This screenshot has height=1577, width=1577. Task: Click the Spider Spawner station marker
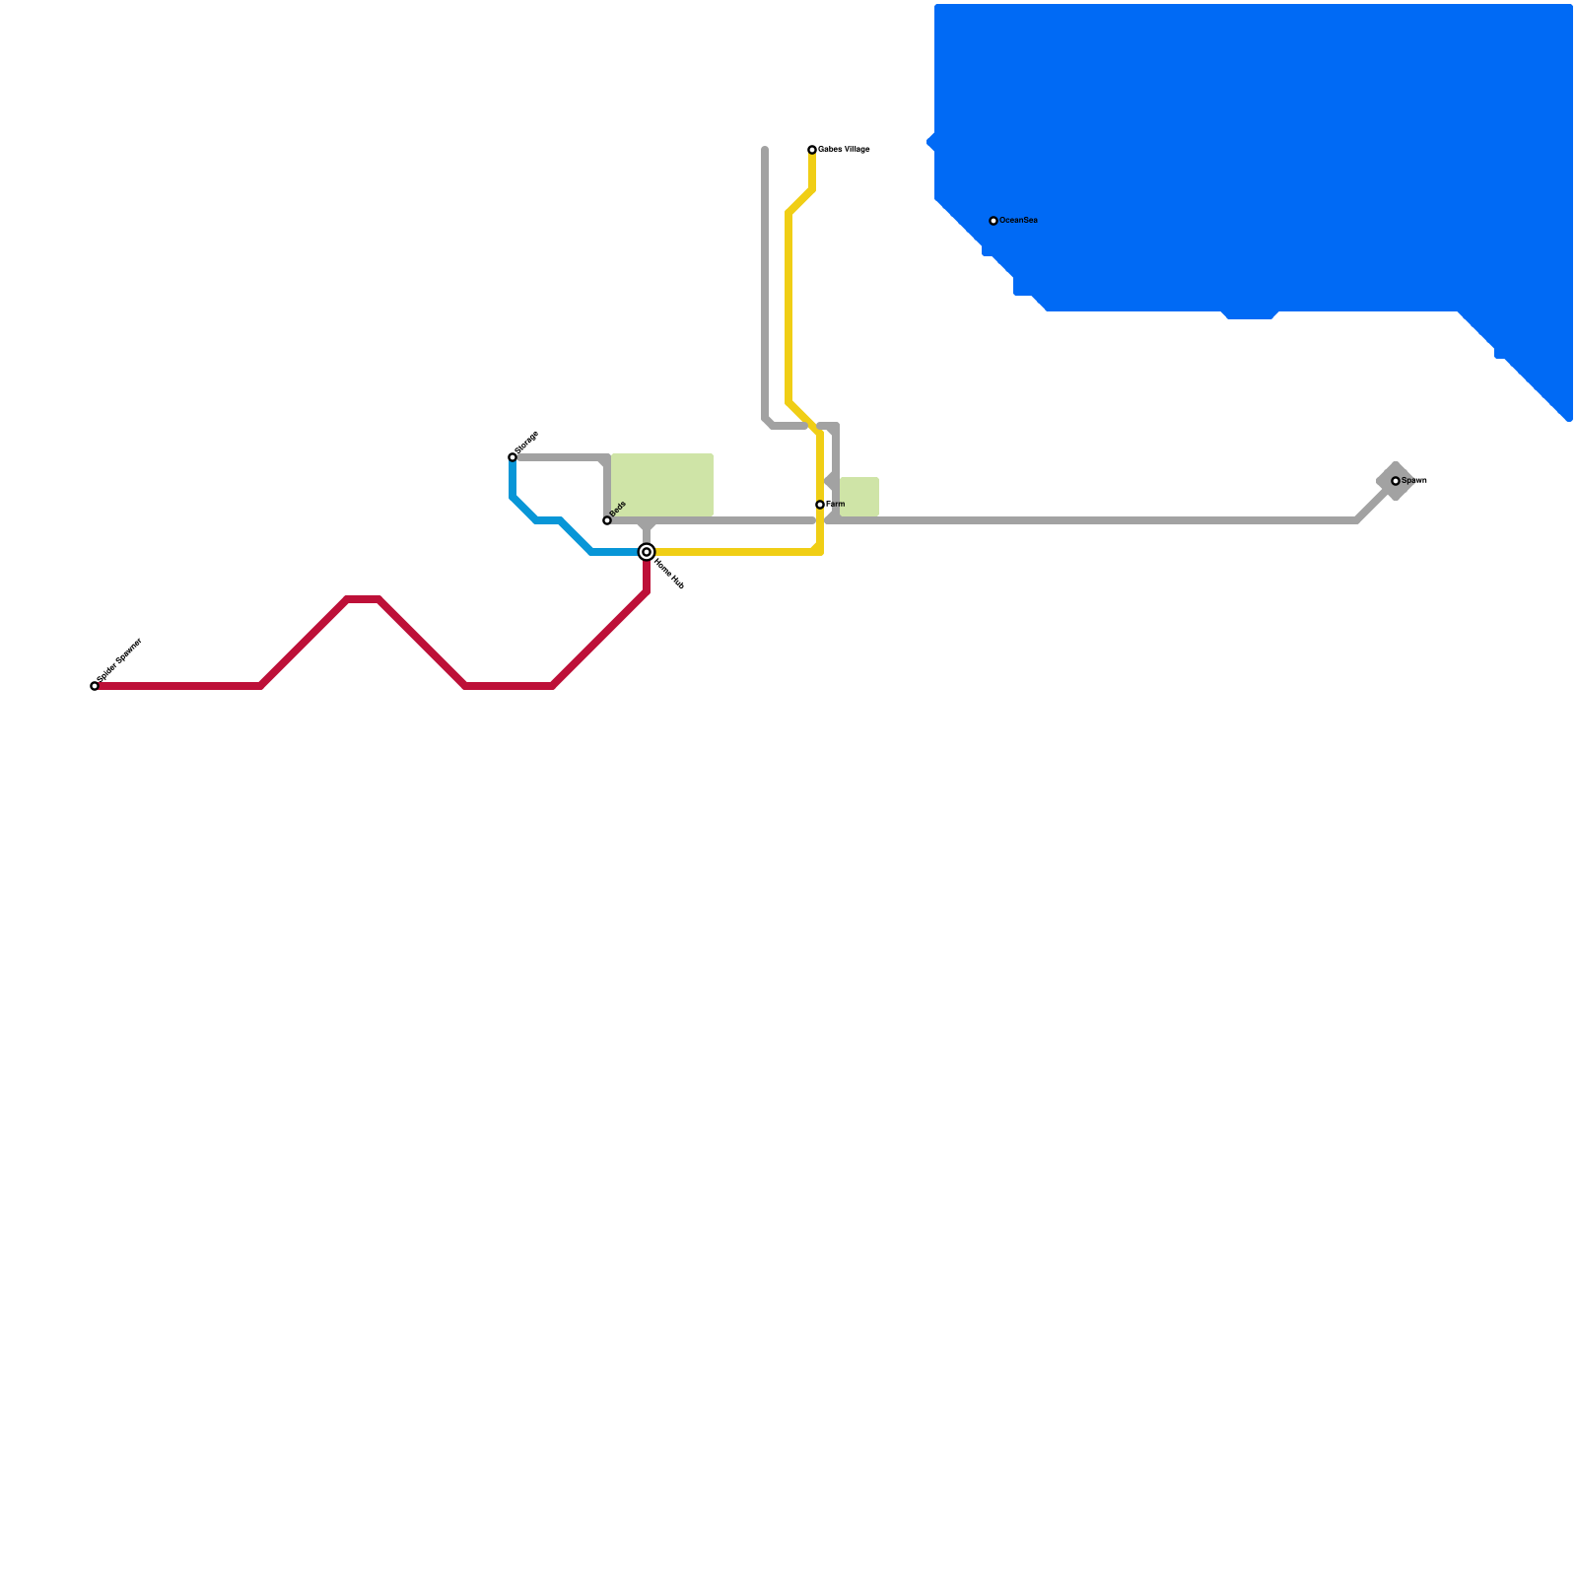click(x=95, y=686)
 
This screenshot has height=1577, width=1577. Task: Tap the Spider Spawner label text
click(x=120, y=659)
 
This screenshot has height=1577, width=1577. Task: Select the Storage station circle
click(x=513, y=457)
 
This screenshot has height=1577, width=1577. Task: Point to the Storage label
click(x=527, y=442)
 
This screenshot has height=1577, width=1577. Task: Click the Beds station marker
click(x=607, y=520)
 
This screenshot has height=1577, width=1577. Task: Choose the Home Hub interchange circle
click(x=647, y=552)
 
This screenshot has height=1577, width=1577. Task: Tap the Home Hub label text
click(x=668, y=575)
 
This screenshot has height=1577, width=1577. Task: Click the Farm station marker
click(x=820, y=505)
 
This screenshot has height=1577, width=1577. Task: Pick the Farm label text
click(x=836, y=504)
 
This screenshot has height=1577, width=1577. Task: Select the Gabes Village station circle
click(x=812, y=150)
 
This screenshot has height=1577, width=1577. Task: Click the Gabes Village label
click(x=844, y=149)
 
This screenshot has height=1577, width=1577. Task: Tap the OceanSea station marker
click(x=994, y=221)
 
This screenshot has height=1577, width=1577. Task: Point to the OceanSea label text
click(x=1018, y=220)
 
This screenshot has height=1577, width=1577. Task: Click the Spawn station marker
click(x=1396, y=481)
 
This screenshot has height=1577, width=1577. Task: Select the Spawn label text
click(x=1414, y=480)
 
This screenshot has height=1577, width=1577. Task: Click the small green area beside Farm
click(x=859, y=497)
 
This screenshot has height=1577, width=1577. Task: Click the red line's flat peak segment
click(x=363, y=599)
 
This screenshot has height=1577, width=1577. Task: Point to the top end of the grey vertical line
click(x=765, y=150)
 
